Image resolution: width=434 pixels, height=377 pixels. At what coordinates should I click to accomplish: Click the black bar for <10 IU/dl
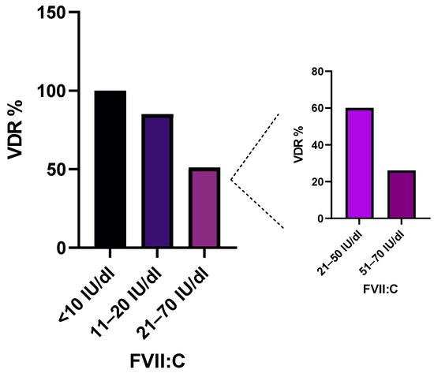(110, 169)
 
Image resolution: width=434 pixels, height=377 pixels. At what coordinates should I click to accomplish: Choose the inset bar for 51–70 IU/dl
(400, 195)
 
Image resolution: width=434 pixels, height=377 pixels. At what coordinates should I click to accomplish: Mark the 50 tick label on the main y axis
(53, 170)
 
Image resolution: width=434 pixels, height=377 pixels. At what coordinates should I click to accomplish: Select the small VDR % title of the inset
(297, 145)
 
